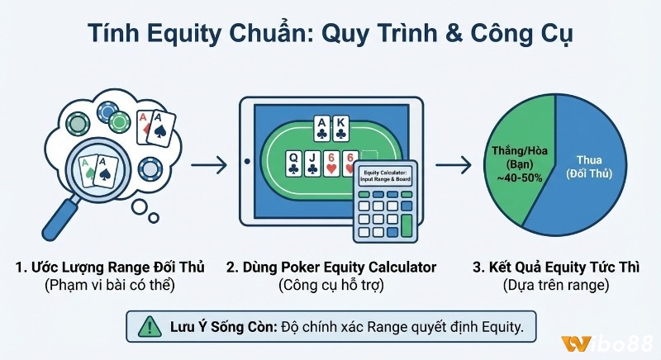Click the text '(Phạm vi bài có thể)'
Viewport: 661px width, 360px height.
(x=109, y=287)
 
